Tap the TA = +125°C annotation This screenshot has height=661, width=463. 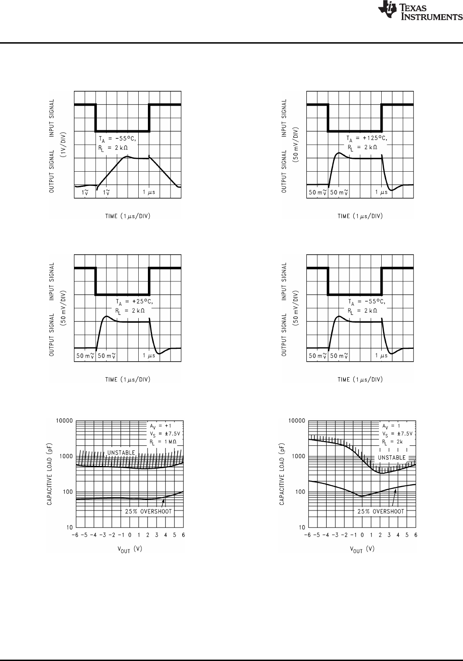pos(366,138)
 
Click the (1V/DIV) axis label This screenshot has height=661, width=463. pos(64,144)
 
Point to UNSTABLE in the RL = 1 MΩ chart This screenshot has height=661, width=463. pos(121,453)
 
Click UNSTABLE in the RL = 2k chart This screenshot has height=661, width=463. pos(391,457)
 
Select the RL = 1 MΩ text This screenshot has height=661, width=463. pos(164,442)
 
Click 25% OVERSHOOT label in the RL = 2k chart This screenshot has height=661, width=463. pos(381,511)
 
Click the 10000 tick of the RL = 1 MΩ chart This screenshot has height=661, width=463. pos(64,421)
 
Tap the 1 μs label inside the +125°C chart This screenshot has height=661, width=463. pos(381,192)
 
